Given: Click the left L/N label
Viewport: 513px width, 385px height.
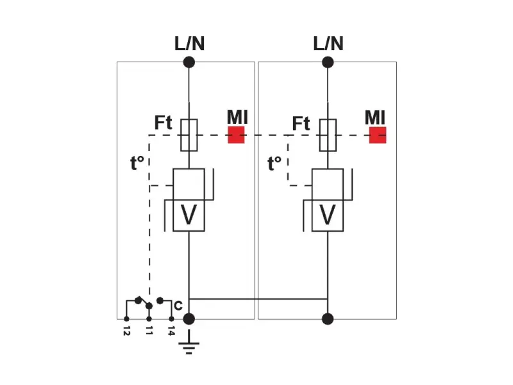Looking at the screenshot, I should tap(189, 44).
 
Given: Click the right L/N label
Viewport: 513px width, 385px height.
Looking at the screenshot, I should tap(328, 44).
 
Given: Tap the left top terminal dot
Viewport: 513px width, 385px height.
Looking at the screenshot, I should tap(189, 62).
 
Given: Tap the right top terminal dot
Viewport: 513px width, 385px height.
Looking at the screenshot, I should tap(328, 62).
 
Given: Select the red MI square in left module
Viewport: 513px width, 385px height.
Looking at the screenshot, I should tap(236, 135).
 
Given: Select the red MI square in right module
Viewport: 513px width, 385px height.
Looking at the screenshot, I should tap(378, 135).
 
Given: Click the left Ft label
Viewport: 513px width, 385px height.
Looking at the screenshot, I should tap(164, 123).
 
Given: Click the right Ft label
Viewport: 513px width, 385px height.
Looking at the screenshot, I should tap(301, 123).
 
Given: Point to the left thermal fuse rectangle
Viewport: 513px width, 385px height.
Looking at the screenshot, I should tap(189, 135).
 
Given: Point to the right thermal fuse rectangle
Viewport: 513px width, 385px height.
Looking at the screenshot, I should tap(328, 135).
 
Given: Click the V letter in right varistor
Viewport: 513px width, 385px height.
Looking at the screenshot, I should tap(328, 216).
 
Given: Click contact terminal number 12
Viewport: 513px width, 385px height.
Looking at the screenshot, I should tap(126, 331).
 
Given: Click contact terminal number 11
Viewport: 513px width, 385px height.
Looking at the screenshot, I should tap(149, 331).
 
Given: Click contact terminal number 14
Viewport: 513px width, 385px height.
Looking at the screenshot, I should tap(171, 331).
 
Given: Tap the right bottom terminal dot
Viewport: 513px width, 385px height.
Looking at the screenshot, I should tap(328, 319).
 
